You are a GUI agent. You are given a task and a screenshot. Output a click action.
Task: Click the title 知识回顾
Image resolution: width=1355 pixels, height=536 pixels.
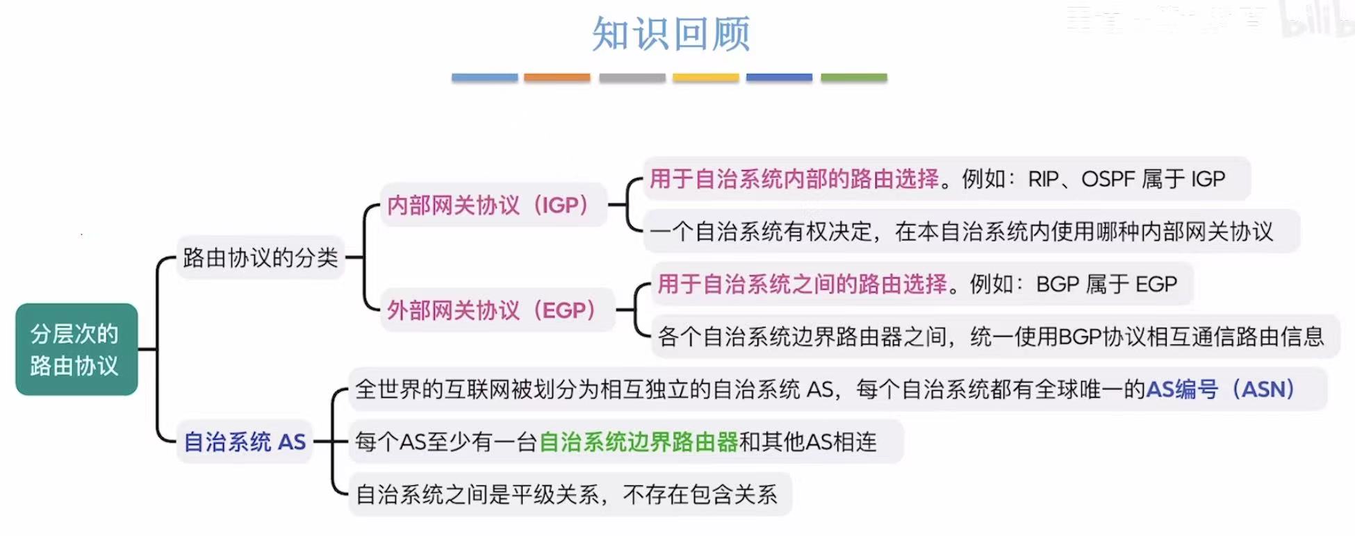[671, 34]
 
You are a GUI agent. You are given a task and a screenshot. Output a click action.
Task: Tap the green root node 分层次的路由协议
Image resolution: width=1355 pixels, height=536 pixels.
[76, 349]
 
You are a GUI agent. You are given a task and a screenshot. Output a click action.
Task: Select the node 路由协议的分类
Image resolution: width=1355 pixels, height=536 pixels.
[260, 258]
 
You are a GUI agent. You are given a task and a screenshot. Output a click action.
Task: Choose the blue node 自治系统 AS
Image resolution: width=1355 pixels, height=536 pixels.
[244, 442]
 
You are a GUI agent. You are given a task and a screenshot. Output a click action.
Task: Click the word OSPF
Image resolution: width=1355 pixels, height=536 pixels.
[1108, 179]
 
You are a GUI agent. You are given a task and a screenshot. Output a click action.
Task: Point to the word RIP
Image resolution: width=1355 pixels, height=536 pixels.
[1043, 179]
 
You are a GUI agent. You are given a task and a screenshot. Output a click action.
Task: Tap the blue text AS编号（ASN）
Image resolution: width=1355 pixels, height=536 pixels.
[1219, 389]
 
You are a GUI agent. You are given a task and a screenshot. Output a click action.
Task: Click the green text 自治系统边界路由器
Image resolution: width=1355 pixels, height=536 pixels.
[638, 442]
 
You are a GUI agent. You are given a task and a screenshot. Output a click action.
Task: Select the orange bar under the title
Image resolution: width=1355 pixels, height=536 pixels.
[557, 78]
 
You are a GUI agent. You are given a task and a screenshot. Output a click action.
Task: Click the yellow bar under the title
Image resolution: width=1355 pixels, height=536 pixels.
[705, 78]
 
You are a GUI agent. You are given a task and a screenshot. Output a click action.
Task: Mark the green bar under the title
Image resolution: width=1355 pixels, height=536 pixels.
[853, 78]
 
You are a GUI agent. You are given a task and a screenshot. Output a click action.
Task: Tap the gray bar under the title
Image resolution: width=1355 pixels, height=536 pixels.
[632, 78]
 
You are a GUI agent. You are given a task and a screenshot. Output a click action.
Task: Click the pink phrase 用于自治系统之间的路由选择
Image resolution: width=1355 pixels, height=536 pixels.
[802, 284]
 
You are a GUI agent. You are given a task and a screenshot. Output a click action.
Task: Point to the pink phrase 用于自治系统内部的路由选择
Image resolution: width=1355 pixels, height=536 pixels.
[794, 179]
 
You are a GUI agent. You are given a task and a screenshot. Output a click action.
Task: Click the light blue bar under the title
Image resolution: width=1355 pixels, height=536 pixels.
[484, 78]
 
